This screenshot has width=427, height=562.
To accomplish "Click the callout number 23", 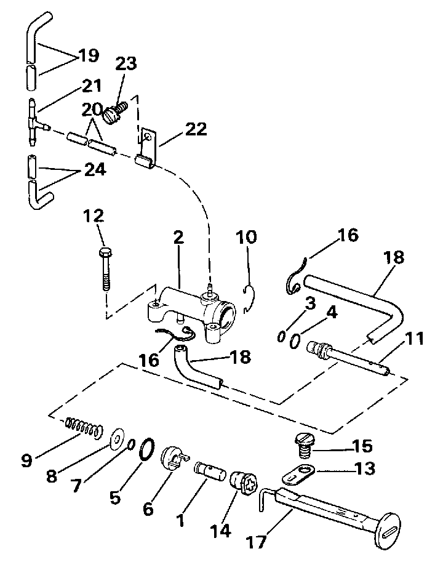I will tap(127, 64).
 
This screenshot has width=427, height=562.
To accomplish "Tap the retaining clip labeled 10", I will tap(248, 298).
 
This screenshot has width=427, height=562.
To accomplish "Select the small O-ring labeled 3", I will tap(281, 337).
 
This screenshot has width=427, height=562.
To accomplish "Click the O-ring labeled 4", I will tap(295, 340).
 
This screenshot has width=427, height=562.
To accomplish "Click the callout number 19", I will tap(89, 55).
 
